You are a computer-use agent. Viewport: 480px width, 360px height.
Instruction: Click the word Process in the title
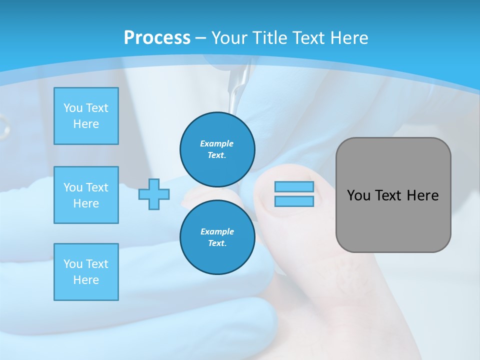[x=157, y=38]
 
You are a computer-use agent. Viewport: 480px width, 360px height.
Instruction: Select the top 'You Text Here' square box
[x=86, y=116]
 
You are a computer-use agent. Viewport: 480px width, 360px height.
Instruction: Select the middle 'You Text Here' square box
[x=86, y=195]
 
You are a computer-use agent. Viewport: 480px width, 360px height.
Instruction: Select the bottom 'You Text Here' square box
[x=86, y=272]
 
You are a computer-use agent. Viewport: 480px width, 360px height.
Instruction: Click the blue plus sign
[x=154, y=194]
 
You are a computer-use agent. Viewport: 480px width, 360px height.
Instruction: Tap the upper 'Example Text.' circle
[x=217, y=149]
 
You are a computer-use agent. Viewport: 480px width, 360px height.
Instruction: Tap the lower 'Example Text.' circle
[x=217, y=237]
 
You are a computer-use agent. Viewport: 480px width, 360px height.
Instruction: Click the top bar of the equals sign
[x=294, y=187]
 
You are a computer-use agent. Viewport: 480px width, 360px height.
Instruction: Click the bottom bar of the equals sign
[x=294, y=201]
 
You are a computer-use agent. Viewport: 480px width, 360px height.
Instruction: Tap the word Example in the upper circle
[x=217, y=143]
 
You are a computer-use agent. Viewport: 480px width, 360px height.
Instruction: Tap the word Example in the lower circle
[x=217, y=231]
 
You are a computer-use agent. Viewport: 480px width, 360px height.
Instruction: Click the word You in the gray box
[x=358, y=195]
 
